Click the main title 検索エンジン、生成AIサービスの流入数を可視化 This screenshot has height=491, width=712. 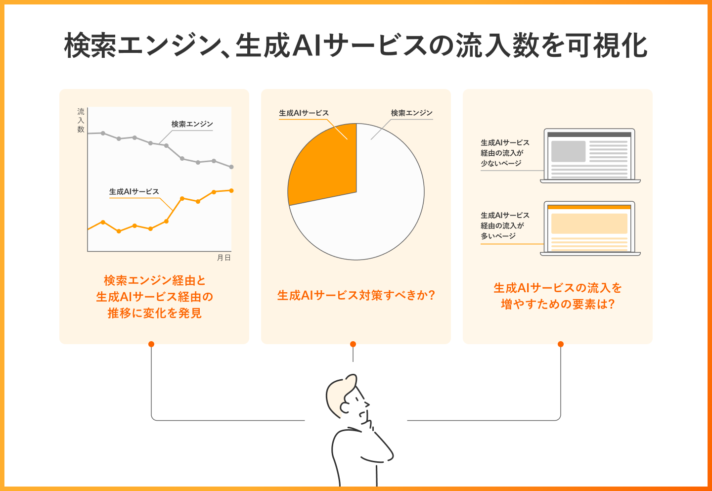[356, 45]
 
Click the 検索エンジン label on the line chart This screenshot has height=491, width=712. [192, 124]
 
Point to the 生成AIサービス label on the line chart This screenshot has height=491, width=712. [134, 192]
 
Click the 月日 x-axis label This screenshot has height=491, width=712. [224, 258]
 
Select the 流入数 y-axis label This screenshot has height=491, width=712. [81, 120]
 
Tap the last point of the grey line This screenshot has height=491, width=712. [231, 167]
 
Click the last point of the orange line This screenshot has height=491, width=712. [231, 190]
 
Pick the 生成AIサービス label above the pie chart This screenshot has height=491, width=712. [304, 113]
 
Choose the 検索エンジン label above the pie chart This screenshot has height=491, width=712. [411, 113]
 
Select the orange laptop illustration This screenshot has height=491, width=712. [590, 228]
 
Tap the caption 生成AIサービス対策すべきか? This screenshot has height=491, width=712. [356, 296]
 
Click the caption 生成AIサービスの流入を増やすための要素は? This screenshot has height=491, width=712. [558, 296]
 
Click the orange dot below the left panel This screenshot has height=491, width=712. [151, 344]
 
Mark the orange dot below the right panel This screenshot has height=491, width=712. [560, 344]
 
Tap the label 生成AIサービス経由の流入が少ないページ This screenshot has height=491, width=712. [504, 153]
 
